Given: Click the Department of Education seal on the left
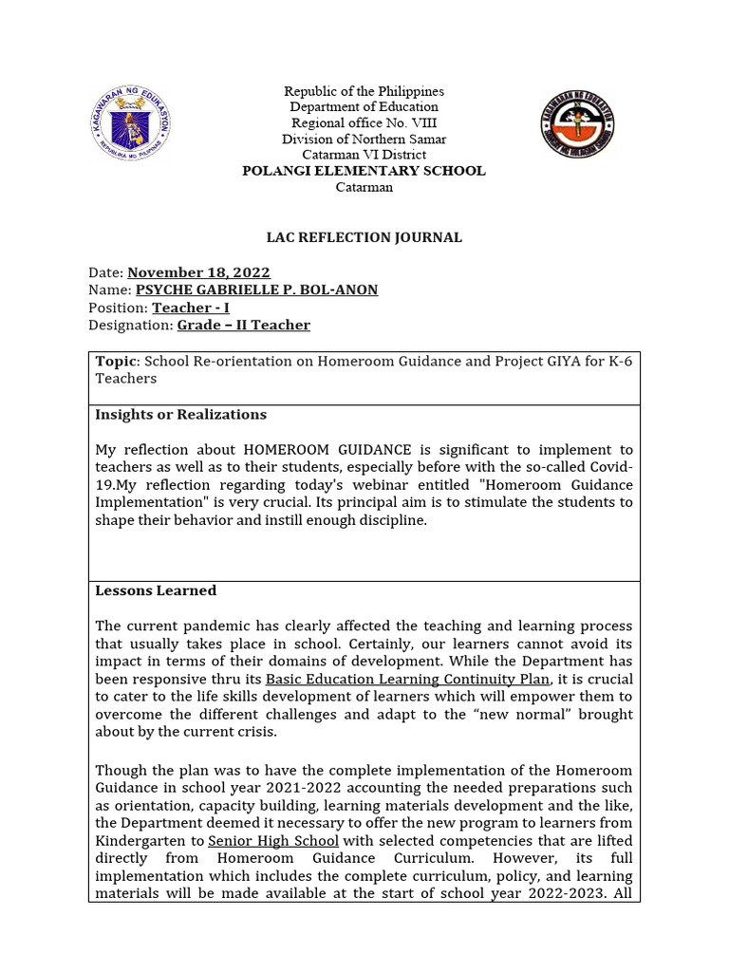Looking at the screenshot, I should coord(133,122).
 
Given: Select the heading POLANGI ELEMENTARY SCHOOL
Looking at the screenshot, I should coord(364,171).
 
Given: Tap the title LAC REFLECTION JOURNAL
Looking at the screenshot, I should coord(364,237).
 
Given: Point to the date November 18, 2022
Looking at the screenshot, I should coord(198,273).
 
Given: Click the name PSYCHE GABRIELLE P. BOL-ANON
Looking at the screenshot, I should coord(256,290).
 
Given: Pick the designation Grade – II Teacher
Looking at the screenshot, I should coord(243,325).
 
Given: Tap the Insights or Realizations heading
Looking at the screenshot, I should coord(180,415).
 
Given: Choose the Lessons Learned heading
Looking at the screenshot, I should coord(156,590).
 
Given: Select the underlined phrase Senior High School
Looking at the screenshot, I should coord(273,841).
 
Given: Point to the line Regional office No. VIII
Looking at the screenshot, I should coord(364,123).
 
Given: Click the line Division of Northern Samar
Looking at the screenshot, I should coord(364,140).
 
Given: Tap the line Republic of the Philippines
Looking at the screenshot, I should coord(364,91).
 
